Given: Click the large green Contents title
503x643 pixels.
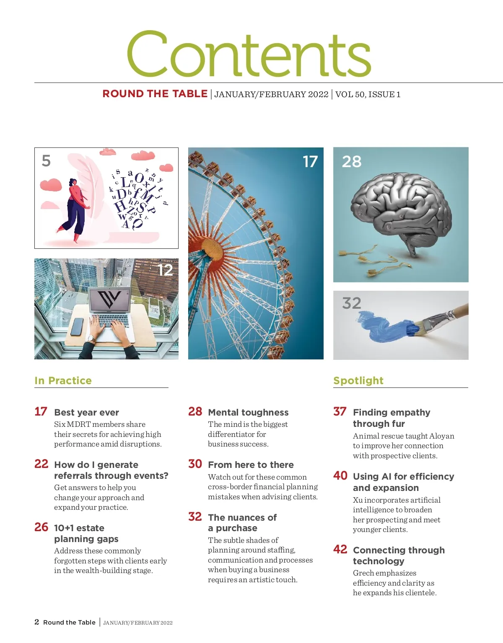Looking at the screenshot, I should pyautogui.click(x=249, y=54).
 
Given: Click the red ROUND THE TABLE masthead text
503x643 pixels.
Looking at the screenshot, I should pyautogui.click(x=155, y=94).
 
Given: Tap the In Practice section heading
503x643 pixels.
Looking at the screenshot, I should pyautogui.click(x=63, y=380).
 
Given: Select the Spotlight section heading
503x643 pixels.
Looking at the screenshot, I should pyautogui.click(x=358, y=380).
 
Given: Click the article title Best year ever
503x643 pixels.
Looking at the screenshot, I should pyautogui.click(x=86, y=413).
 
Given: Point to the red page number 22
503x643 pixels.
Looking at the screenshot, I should pyautogui.click(x=41, y=464).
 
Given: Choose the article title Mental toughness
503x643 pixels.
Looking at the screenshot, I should pyautogui.click(x=248, y=413).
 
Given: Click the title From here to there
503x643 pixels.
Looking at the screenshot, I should pyautogui.click(x=251, y=465).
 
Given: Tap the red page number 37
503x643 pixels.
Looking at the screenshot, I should pyautogui.click(x=340, y=412).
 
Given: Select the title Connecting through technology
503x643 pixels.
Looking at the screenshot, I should pyautogui.click(x=399, y=555).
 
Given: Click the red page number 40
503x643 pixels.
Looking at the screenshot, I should pyautogui.click(x=340, y=476).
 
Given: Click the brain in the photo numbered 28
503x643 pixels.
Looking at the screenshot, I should pyautogui.click(x=401, y=209).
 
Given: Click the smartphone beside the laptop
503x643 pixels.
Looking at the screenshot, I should pyautogui.click(x=77, y=327).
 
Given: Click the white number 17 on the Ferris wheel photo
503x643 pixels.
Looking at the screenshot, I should pyautogui.click(x=310, y=162).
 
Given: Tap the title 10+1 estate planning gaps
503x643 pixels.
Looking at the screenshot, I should pyautogui.click(x=86, y=533).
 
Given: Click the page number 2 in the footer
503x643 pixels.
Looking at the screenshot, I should pyautogui.click(x=37, y=622).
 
